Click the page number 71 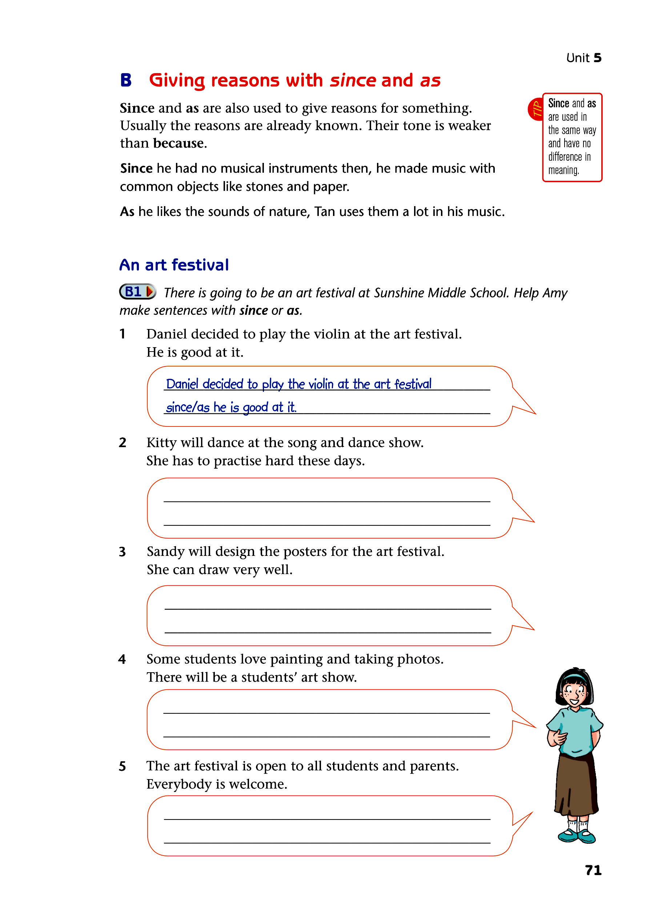(x=593, y=870)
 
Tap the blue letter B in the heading (x=126, y=80)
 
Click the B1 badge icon (x=137, y=292)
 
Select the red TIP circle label (x=536, y=109)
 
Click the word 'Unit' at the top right (x=578, y=58)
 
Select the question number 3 (x=122, y=552)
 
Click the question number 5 (x=122, y=766)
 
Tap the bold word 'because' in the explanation (x=178, y=143)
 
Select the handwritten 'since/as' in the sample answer (x=188, y=407)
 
